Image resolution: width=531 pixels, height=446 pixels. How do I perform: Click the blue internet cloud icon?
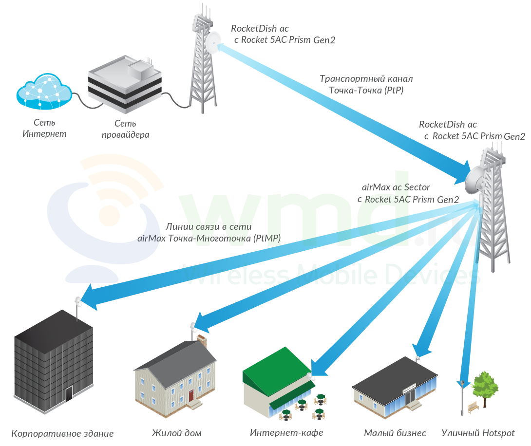(x=44, y=92)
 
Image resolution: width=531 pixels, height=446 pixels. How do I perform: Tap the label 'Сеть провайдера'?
(x=125, y=129)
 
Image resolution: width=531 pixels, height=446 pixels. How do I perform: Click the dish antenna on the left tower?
(x=212, y=43)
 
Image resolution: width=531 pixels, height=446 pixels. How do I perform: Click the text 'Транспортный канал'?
(x=366, y=78)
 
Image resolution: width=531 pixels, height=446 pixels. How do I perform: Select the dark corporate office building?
(x=53, y=360)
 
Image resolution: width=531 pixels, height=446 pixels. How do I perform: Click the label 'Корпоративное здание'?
(x=62, y=433)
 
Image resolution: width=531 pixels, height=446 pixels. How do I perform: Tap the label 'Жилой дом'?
(x=176, y=433)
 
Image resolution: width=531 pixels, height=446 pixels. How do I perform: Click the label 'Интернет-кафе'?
(x=286, y=432)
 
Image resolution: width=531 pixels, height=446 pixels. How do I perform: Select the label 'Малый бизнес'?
(x=395, y=433)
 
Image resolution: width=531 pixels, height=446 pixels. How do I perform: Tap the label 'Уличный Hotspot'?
(x=478, y=433)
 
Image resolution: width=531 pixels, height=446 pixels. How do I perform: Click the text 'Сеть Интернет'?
(x=44, y=127)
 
